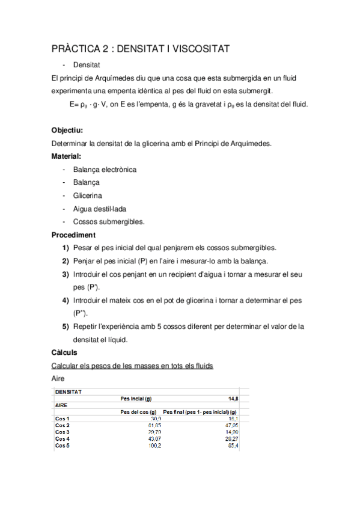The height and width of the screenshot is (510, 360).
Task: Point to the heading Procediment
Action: click(x=73, y=235)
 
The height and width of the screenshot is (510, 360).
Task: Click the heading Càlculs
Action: click(x=64, y=352)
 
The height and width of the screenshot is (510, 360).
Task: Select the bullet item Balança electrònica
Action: click(x=105, y=169)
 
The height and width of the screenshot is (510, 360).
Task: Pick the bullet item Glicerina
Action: click(x=88, y=195)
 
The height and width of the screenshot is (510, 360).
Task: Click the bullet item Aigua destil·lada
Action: click(x=99, y=209)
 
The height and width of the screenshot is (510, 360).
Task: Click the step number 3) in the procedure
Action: click(x=66, y=274)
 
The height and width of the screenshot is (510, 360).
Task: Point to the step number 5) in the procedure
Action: click(x=66, y=327)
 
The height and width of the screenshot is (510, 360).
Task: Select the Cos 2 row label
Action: click(x=63, y=425)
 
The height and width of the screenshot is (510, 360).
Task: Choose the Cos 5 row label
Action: click(x=63, y=446)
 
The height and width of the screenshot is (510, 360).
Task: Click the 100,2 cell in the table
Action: click(x=154, y=446)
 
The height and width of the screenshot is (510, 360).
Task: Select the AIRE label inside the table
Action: click(x=62, y=405)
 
